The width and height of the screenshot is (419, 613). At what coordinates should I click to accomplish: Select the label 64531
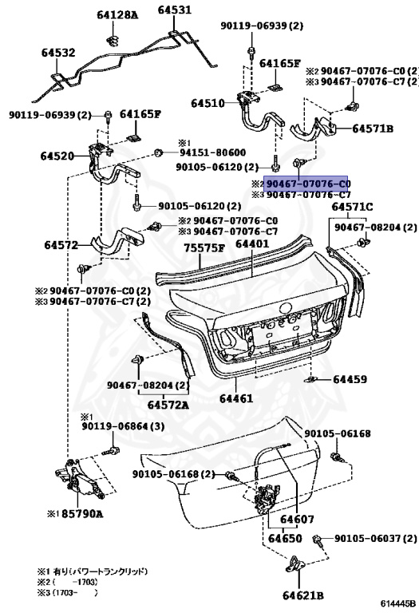point(174,10)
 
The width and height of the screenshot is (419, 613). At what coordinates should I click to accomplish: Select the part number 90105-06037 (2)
point(373,539)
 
